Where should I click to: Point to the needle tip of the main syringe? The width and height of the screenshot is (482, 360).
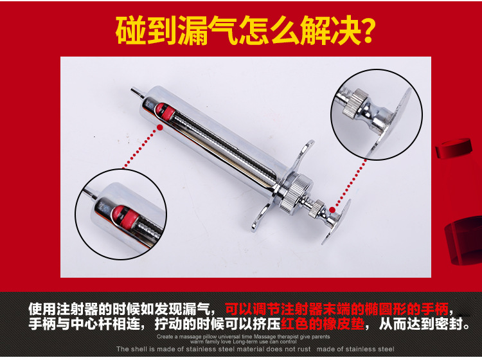point(132,91)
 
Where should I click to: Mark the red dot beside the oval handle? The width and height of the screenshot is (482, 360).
point(332,209)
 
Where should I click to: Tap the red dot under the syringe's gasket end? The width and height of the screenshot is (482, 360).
point(159,127)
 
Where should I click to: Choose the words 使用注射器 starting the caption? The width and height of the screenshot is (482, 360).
point(62,308)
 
